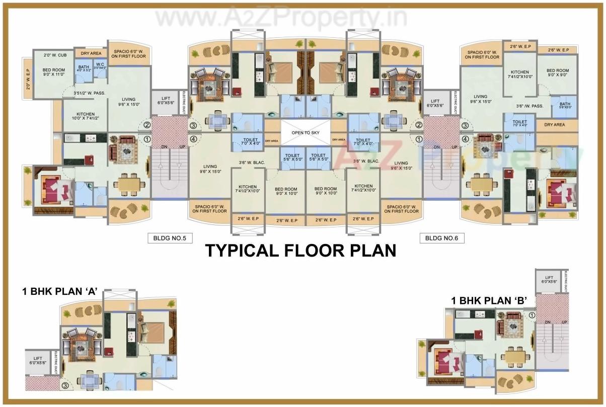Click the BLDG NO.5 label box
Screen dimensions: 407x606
170,238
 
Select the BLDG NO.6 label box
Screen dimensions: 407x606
441,238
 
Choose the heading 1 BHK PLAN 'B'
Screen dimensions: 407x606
489,301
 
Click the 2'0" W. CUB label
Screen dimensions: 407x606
54,55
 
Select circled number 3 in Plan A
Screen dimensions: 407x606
65,386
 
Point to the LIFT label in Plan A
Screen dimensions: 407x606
38,360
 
